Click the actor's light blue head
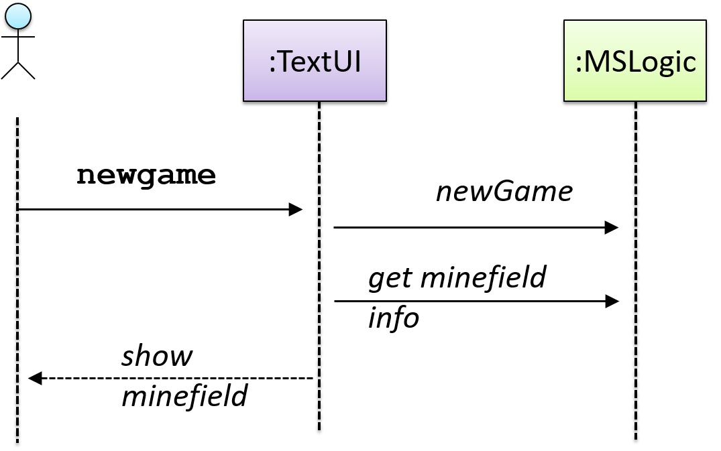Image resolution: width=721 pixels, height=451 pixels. (x=18, y=16)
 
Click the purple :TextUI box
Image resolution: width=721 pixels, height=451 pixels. (x=315, y=60)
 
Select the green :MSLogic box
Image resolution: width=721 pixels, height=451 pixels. (x=635, y=60)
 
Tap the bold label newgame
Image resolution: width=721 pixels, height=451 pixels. (x=146, y=176)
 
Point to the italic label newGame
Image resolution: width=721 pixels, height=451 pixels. (x=504, y=192)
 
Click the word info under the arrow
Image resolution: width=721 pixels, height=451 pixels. (x=394, y=318)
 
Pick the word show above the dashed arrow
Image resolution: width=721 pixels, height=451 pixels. (x=157, y=356)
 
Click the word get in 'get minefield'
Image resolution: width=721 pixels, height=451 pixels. (x=390, y=279)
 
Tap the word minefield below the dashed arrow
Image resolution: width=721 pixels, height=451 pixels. (x=184, y=395)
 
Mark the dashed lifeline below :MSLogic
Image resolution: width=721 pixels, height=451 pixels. (x=636, y=271)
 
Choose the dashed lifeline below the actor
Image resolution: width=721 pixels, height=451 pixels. (x=17, y=280)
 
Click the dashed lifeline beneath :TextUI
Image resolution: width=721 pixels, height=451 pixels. (x=319, y=266)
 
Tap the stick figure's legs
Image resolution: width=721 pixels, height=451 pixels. (x=18, y=70)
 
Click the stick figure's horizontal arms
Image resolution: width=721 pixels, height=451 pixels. (x=18, y=37)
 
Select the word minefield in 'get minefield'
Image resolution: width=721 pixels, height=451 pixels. (x=484, y=277)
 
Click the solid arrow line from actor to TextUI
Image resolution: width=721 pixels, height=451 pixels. (x=160, y=210)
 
